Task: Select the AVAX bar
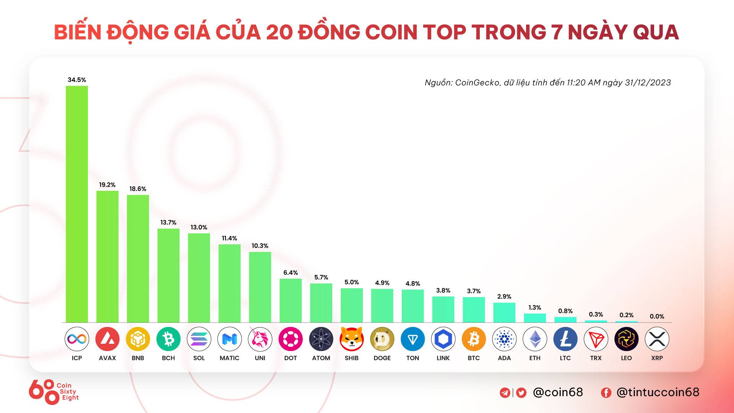(x=107, y=256)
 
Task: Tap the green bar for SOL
(x=199, y=278)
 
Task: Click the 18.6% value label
(x=138, y=189)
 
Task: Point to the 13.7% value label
(x=168, y=223)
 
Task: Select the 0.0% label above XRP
(x=657, y=317)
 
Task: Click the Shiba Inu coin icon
(x=352, y=339)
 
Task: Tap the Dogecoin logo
(x=382, y=339)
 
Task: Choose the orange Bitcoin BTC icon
(x=474, y=339)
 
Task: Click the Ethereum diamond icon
(x=535, y=339)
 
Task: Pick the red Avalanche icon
(x=107, y=339)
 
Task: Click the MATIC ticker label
(x=229, y=358)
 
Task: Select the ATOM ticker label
(x=321, y=358)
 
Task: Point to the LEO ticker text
(x=626, y=358)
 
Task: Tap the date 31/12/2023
(x=648, y=83)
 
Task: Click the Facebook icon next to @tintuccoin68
(x=606, y=393)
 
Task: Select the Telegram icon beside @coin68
(x=505, y=393)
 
